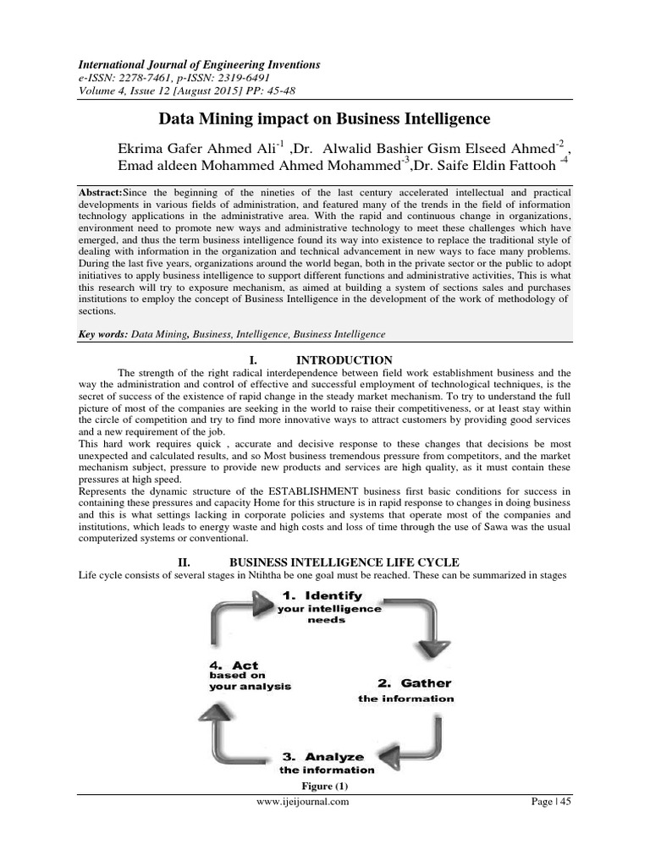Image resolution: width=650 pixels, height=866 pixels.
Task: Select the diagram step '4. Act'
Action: pos(234,666)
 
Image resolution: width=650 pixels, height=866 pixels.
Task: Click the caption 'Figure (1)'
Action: pos(325,786)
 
